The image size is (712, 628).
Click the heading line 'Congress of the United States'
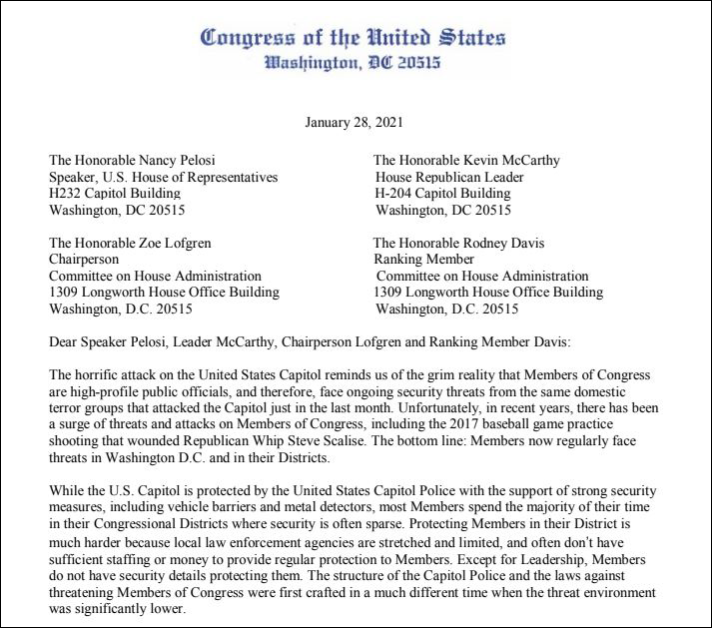coord(355,38)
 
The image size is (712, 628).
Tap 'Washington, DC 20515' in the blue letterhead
coord(355,65)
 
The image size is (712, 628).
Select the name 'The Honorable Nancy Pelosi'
coord(132,160)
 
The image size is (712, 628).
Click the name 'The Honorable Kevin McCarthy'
coord(466,160)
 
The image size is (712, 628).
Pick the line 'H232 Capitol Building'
coord(115,194)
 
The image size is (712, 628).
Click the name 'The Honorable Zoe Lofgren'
coord(130,242)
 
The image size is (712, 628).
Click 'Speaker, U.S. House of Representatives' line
coord(164,177)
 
